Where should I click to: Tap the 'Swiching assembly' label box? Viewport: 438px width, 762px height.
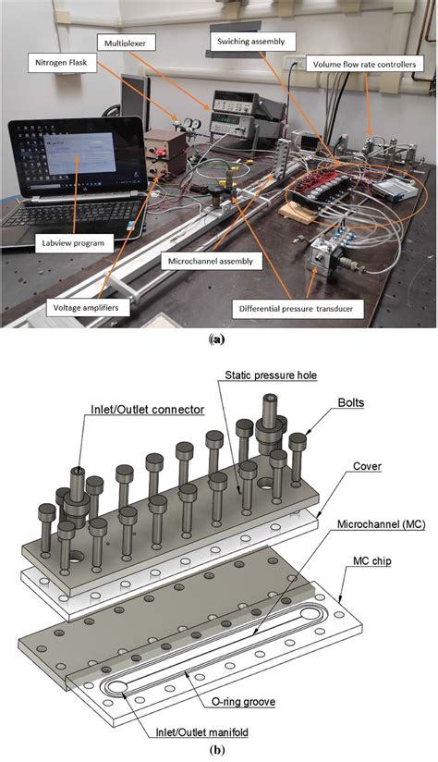[x=255, y=41]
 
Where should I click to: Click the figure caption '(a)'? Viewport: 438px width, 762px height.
[x=218, y=339]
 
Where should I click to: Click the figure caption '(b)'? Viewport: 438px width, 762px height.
[x=217, y=750]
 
